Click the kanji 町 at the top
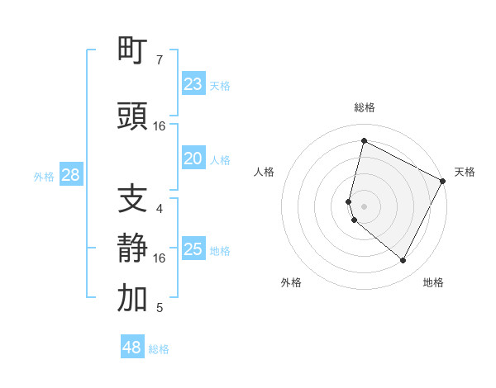coord(133,50)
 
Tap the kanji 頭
coord(133,116)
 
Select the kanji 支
coord(133,199)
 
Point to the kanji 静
coord(133,248)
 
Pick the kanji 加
coord(133,298)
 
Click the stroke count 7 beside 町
coord(160,60)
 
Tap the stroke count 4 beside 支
coord(160,209)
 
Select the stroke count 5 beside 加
coord(160,308)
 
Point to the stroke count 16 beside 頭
coord(160,126)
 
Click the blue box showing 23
coord(193,84)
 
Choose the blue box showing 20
coord(193,159)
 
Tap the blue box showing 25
coord(193,249)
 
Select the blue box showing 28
coord(70,175)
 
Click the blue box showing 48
coord(132,348)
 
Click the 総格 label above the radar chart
coord(365,107)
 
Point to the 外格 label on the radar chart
coord(291,282)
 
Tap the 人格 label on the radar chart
coord(265,172)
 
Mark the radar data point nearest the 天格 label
coord(443,181)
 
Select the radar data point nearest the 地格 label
coord(403,261)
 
